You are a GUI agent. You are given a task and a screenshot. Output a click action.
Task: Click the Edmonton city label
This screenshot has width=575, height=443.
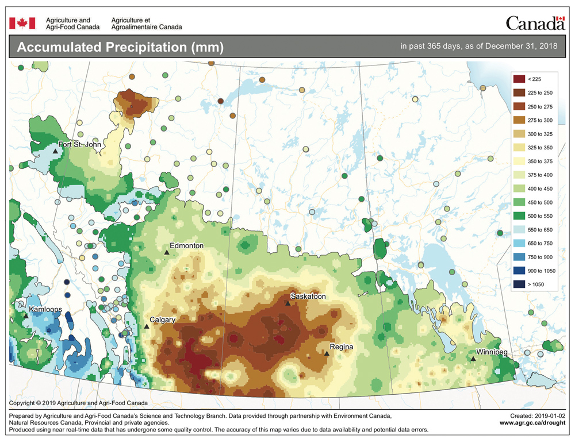pyautogui.click(x=187, y=245)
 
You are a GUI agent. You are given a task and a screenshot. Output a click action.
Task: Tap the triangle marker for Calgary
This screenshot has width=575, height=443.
pyautogui.click(x=147, y=326)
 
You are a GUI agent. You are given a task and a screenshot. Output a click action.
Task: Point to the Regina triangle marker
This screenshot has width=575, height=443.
pyautogui.click(x=326, y=354)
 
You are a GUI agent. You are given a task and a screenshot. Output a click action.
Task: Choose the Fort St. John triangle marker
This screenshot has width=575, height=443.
pyautogui.click(x=55, y=151)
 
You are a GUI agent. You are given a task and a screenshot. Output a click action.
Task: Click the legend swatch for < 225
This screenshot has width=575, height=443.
pyautogui.click(x=517, y=79)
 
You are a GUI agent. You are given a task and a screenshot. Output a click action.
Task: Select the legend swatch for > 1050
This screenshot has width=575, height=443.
pyautogui.click(x=517, y=283)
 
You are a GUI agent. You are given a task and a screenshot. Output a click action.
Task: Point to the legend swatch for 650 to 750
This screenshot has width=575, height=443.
pyautogui.click(x=517, y=242)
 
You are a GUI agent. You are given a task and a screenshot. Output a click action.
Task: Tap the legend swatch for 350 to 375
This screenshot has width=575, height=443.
pyautogui.click(x=517, y=161)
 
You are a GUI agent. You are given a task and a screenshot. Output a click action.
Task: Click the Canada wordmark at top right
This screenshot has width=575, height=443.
pyautogui.click(x=535, y=23)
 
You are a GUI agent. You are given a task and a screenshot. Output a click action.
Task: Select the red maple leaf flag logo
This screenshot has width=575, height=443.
pyautogui.click(x=22, y=22)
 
